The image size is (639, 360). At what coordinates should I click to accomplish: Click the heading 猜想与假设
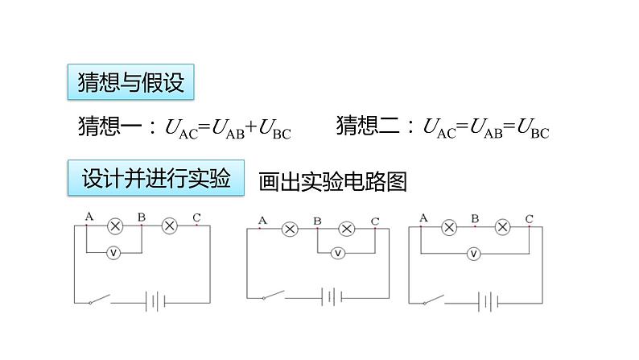tap(130, 82)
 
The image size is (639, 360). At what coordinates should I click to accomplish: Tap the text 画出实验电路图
tap(332, 182)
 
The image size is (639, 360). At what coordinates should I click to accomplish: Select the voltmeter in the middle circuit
tap(338, 253)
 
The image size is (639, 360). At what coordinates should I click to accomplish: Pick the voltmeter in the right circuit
tap(474, 254)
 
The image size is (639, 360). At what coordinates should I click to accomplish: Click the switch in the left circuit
tap(98, 301)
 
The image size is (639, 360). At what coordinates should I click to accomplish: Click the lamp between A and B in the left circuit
tap(114, 226)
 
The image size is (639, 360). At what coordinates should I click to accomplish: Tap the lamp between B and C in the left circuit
tap(169, 226)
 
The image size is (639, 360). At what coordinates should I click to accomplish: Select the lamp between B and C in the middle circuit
tap(346, 229)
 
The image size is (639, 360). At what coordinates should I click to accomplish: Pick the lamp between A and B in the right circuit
tap(448, 228)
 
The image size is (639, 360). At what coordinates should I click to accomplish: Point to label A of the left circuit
tap(88, 216)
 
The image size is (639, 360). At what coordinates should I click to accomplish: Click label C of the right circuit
tap(529, 218)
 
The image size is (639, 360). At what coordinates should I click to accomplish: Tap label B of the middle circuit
tap(317, 220)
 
